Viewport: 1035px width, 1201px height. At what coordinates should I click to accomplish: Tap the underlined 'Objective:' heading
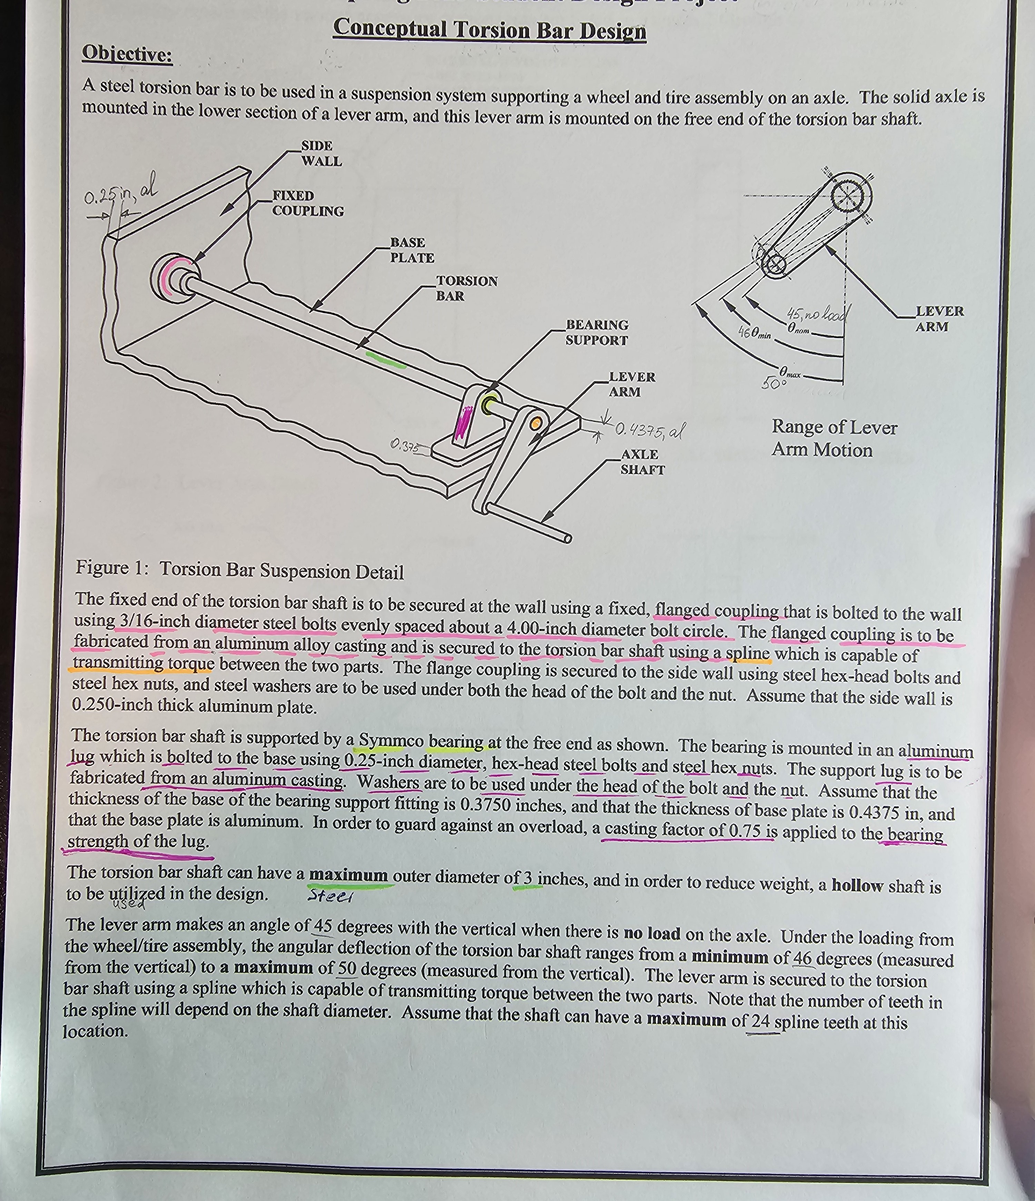(127, 53)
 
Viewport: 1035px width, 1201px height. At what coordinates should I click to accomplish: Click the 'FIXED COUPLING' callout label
(308, 204)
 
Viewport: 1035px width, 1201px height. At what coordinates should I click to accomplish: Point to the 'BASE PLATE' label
(412, 251)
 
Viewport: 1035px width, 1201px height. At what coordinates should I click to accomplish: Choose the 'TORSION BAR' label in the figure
(466, 289)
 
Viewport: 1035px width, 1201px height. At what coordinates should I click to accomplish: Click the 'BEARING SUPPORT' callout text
(597, 333)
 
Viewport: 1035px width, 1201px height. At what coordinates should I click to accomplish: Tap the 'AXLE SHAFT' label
(642, 462)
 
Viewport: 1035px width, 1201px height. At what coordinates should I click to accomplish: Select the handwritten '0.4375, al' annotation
(649, 430)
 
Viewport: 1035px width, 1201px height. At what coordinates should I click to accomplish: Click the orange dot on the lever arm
(536, 423)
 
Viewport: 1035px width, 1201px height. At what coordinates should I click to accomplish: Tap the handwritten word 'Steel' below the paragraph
(329, 896)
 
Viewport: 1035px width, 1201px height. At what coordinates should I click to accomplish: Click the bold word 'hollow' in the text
(857, 885)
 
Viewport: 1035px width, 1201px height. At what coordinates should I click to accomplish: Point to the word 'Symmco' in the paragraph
(391, 741)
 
